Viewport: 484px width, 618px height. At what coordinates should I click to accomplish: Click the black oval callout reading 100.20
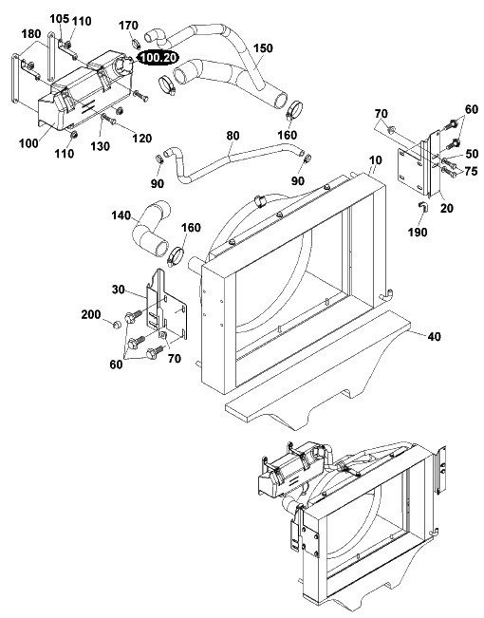(x=158, y=58)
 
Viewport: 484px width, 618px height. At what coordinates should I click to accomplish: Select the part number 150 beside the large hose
(x=263, y=48)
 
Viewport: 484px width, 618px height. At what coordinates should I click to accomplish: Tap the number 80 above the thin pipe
(x=233, y=136)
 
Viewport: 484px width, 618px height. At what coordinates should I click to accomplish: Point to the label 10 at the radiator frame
(x=376, y=160)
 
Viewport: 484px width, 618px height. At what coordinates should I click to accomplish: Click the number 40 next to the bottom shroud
(x=434, y=337)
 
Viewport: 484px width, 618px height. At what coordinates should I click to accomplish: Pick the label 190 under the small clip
(x=418, y=233)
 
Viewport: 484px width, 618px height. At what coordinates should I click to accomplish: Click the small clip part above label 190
(x=421, y=207)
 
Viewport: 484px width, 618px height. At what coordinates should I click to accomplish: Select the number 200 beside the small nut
(x=91, y=314)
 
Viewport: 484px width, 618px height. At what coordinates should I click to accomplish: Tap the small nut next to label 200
(x=116, y=326)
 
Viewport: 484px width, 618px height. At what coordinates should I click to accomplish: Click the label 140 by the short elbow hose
(x=121, y=215)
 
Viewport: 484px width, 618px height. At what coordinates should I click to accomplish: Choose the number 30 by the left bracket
(x=119, y=290)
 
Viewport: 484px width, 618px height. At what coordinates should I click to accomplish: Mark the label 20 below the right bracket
(x=447, y=208)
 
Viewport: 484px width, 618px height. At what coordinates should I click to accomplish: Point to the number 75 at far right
(x=471, y=171)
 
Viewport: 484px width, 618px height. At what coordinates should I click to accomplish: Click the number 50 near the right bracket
(x=472, y=154)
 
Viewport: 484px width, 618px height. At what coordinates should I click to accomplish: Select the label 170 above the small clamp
(x=128, y=26)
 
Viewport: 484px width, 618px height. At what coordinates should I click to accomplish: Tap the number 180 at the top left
(x=31, y=34)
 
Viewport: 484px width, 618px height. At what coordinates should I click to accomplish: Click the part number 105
(x=60, y=19)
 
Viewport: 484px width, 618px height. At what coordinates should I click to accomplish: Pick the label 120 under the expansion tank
(x=142, y=139)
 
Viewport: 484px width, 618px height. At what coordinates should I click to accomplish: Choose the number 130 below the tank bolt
(x=100, y=146)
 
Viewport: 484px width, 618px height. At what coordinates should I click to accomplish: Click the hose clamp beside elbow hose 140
(x=176, y=255)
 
